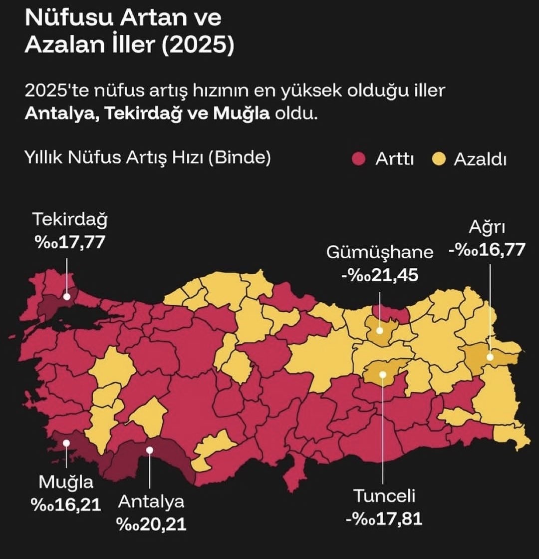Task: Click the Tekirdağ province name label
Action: [x=70, y=220]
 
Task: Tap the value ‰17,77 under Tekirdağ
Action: [x=70, y=242]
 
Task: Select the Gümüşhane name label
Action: [x=380, y=252]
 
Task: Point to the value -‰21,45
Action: [x=380, y=274]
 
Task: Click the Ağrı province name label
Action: [x=487, y=227]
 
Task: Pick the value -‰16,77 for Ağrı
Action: [x=487, y=249]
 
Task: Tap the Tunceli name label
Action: [x=384, y=496]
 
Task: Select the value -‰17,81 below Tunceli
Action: [x=384, y=519]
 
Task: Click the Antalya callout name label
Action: [x=151, y=502]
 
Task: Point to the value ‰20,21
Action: [x=151, y=524]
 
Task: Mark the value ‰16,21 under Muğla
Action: [x=66, y=505]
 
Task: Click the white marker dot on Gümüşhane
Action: [x=380, y=330]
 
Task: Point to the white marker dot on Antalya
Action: [x=149, y=449]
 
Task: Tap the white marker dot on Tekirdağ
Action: [x=67, y=296]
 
